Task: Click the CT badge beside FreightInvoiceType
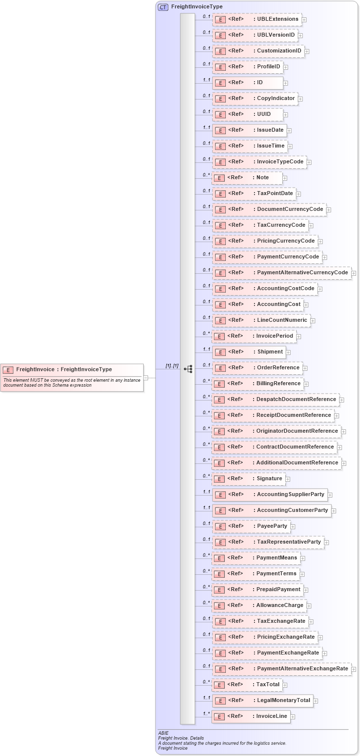pyautogui.click(x=163, y=7)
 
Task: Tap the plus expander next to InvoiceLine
pyautogui.click(x=293, y=716)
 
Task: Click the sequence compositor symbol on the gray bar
pyautogui.click(x=188, y=369)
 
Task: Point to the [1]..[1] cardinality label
pyautogui.click(x=172, y=366)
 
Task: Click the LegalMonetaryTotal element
pyautogui.click(x=262, y=701)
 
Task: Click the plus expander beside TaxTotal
pyautogui.click(x=285, y=685)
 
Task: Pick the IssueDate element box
pyautogui.click(x=250, y=130)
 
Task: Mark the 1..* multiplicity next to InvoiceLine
pyautogui.click(x=206, y=713)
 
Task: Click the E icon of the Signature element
pyautogui.click(x=220, y=479)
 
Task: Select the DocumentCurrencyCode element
pyautogui.click(x=269, y=209)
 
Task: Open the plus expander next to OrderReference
pyautogui.click(x=306, y=368)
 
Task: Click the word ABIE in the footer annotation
pyautogui.click(x=163, y=733)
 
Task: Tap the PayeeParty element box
pyautogui.click(x=251, y=526)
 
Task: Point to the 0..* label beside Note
pyautogui.click(x=206, y=175)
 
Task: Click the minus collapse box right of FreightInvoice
pyautogui.click(x=146, y=378)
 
